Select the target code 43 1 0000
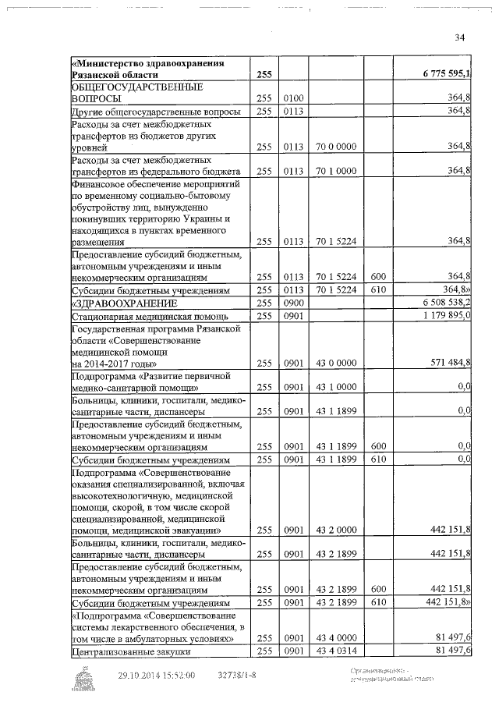coord(337,388)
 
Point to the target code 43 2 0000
coord(337,530)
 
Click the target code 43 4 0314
coord(337,651)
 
